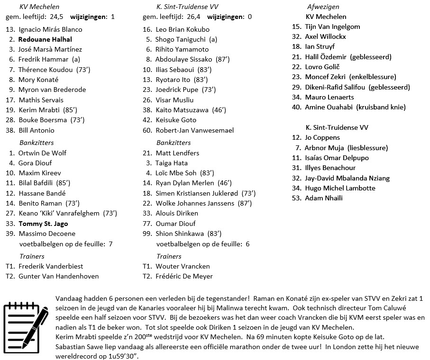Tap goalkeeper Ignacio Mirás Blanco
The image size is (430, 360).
tap(50, 29)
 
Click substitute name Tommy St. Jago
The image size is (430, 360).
tap(43, 224)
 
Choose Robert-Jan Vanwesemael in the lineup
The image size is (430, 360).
tap(194, 130)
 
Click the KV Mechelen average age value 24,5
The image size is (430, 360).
tap(56, 17)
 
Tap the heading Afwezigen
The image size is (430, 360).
tap(323, 7)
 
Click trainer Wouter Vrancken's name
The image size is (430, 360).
tap(183, 266)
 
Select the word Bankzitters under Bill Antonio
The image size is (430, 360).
tap(37, 143)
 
